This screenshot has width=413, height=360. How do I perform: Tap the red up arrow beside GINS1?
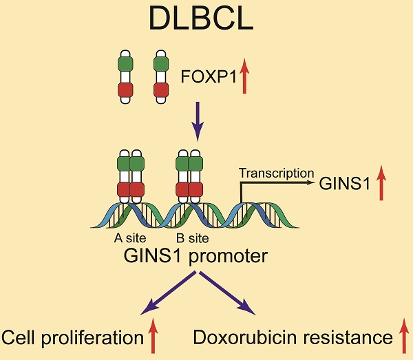[381, 183]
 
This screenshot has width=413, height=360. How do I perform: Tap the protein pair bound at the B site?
[189, 177]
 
